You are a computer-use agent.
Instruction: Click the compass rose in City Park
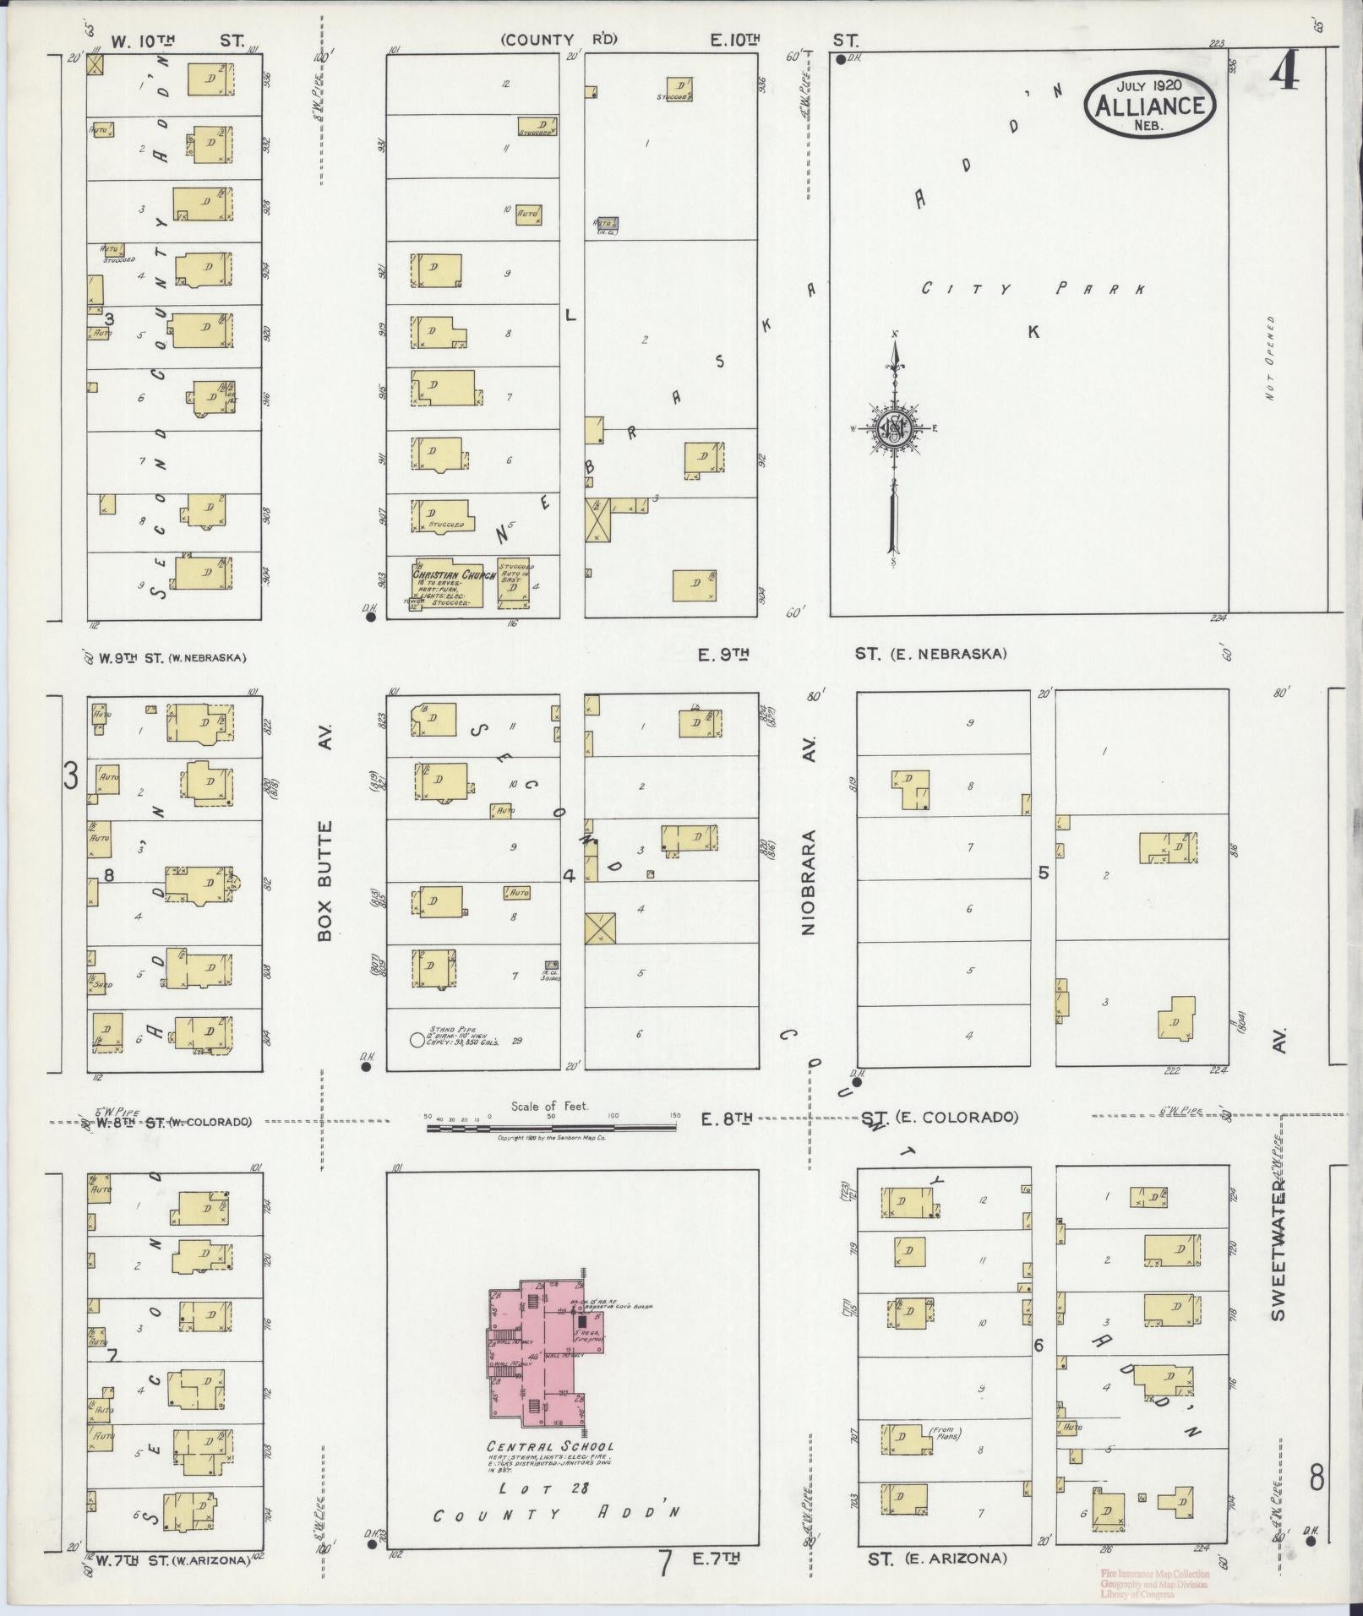[x=894, y=428]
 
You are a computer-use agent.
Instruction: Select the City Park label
[x=1032, y=289]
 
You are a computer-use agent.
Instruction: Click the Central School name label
[x=550, y=1445]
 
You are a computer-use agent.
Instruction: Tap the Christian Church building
[x=447, y=584]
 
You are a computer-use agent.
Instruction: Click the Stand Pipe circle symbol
[x=417, y=1041]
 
